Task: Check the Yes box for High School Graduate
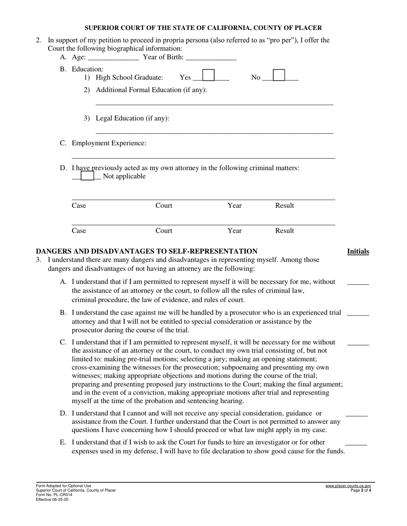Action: pyautogui.click(x=208, y=76)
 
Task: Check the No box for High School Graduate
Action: pyautogui.click(x=278, y=76)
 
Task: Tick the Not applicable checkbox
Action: pyautogui.click(x=87, y=176)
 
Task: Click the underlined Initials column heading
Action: pyautogui.click(x=358, y=251)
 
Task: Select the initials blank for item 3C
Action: pyautogui.click(x=358, y=343)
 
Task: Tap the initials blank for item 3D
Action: pyautogui.click(x=356, y=414)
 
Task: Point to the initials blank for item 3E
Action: pyautogui.click(x=356, y=443)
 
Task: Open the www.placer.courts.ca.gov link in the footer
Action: pyautogui.click(x=348, y=486)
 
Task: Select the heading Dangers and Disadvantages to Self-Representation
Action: pyautogui.click(x=147, y=251)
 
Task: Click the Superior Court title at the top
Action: pyautogui.click(x=203, y=28)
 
